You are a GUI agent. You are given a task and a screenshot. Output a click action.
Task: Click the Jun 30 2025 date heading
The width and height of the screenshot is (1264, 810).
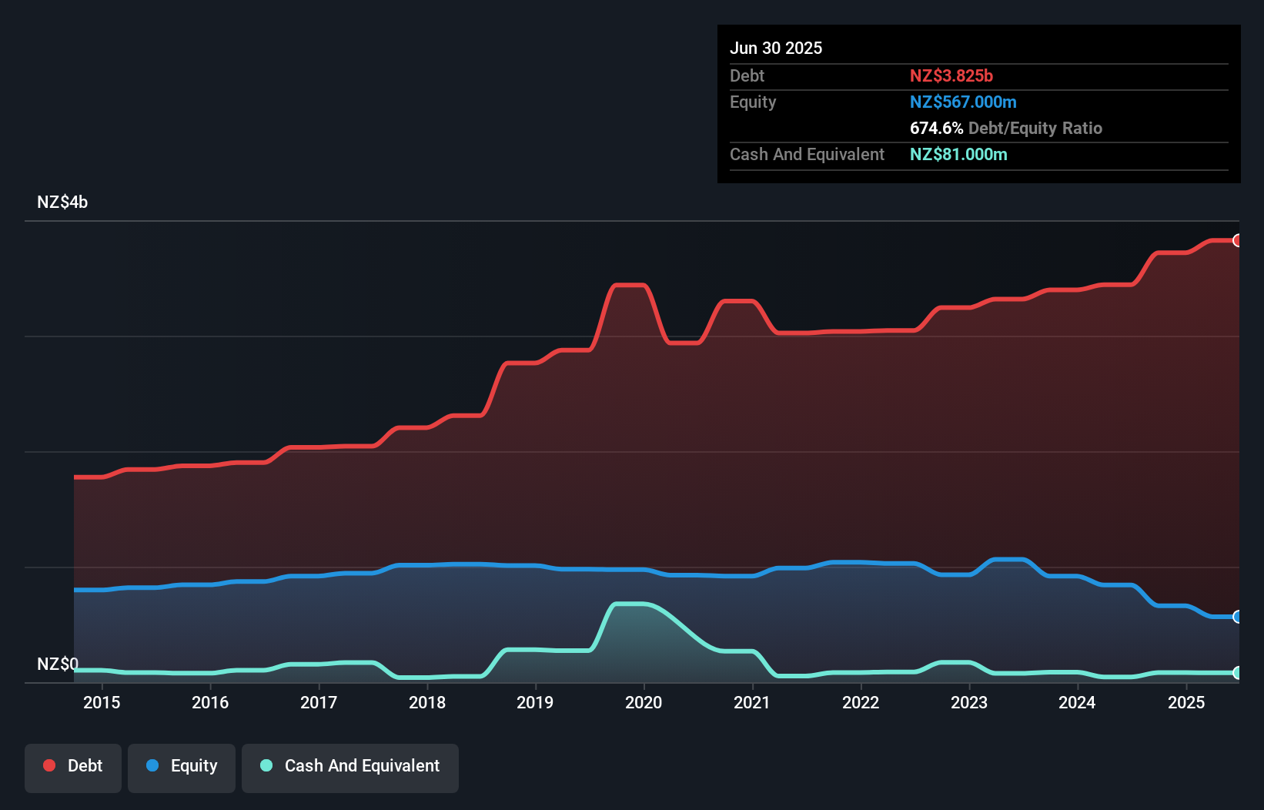775,48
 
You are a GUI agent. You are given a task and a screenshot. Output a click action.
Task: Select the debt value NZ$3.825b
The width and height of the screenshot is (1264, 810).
951,75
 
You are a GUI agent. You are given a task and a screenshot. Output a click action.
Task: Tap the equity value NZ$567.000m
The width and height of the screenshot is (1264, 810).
962,102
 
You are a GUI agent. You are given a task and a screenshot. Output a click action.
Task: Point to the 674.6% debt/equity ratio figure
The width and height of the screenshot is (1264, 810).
936,128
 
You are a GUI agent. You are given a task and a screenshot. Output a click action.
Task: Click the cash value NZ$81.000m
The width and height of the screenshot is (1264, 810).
958,154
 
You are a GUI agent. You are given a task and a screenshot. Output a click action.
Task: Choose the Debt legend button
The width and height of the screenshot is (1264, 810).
73,766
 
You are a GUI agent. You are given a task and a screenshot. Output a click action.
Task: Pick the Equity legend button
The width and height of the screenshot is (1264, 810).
182,766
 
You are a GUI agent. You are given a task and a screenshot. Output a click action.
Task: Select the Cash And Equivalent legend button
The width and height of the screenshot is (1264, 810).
350,766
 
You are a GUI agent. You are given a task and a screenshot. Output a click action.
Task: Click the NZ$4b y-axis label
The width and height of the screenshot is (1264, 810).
62,202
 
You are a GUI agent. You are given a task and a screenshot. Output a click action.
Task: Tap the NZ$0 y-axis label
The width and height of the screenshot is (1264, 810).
58,664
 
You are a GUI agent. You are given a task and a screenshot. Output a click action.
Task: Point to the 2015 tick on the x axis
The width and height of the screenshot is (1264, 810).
102,702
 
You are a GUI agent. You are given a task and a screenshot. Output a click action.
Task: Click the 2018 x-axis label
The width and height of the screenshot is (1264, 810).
427,702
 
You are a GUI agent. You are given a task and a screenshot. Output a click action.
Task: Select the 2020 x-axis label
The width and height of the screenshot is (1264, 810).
644,702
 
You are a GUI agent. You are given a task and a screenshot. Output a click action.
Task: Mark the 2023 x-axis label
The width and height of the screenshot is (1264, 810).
968,702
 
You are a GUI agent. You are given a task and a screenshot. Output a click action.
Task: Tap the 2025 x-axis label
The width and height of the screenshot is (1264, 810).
1185,702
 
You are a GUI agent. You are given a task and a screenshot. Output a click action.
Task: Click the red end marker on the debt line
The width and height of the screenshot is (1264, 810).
1237,240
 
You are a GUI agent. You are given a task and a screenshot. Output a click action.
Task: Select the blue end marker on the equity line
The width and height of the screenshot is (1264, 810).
1237,617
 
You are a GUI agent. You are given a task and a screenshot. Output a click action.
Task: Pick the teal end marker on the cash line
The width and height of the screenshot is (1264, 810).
1237,673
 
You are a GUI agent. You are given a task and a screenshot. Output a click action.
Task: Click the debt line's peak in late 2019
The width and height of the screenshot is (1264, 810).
629,285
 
